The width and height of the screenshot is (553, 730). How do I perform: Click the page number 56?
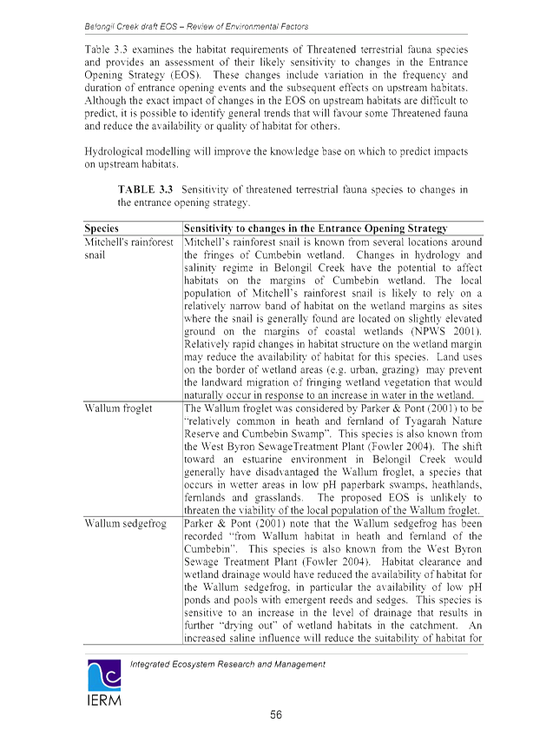[x=276, y=714]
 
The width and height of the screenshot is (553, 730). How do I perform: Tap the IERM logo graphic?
[x=104, y=675]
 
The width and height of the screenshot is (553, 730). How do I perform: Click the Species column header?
[x=102, y=229]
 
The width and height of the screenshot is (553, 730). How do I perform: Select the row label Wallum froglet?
[x=118, y=408]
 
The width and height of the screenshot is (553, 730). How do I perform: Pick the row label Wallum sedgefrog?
[x=125, y=523]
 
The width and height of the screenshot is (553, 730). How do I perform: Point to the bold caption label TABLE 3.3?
[x=145, y=189]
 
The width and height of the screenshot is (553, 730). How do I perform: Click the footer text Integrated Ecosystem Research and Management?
[x=228, y=664]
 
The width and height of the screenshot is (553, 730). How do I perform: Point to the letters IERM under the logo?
[x=104, y=700]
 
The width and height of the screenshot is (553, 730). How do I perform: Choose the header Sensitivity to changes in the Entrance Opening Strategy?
[x=315, y=229]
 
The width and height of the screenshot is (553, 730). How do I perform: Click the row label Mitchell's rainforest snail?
[x=128, y=249]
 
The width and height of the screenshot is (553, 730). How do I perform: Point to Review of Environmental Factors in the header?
[x=247, y=27]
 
